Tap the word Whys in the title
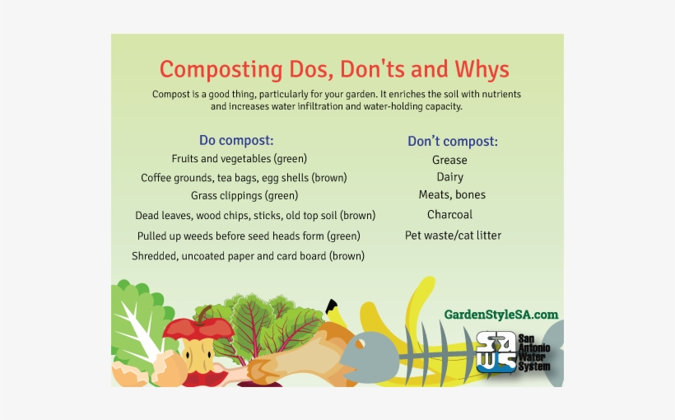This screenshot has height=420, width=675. [478, 68]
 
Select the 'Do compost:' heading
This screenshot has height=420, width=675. [236, 140]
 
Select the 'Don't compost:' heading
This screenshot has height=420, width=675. [452, 141]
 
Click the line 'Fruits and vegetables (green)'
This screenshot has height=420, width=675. [239, 158]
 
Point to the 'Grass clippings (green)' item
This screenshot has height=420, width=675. [244, 196]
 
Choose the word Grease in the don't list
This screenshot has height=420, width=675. [449, 160]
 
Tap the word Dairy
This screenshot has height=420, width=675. [449, 177]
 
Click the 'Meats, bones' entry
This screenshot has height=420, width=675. [452, 195]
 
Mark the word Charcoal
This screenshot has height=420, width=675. [449, 215]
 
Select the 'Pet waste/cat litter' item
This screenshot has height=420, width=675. [453, 236]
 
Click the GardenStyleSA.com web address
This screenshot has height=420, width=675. [500, 315]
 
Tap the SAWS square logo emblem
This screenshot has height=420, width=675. [496, 352]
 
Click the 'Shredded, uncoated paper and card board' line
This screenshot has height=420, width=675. [248, 256]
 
